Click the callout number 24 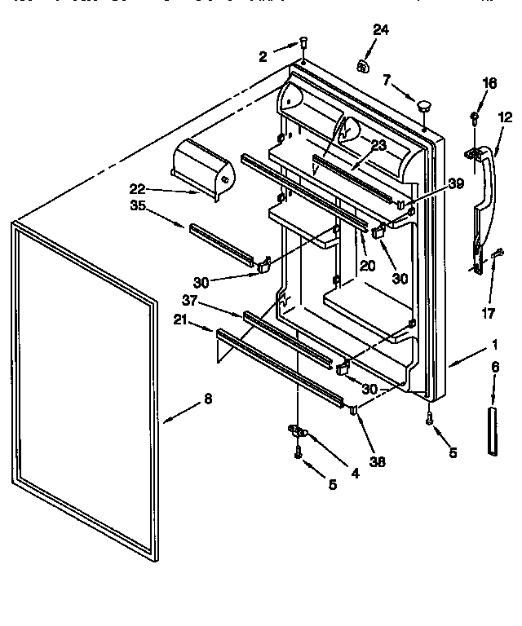382,31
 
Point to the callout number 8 207,399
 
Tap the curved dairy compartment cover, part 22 202,168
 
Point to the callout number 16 489,82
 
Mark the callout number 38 377,462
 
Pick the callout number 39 456,184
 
